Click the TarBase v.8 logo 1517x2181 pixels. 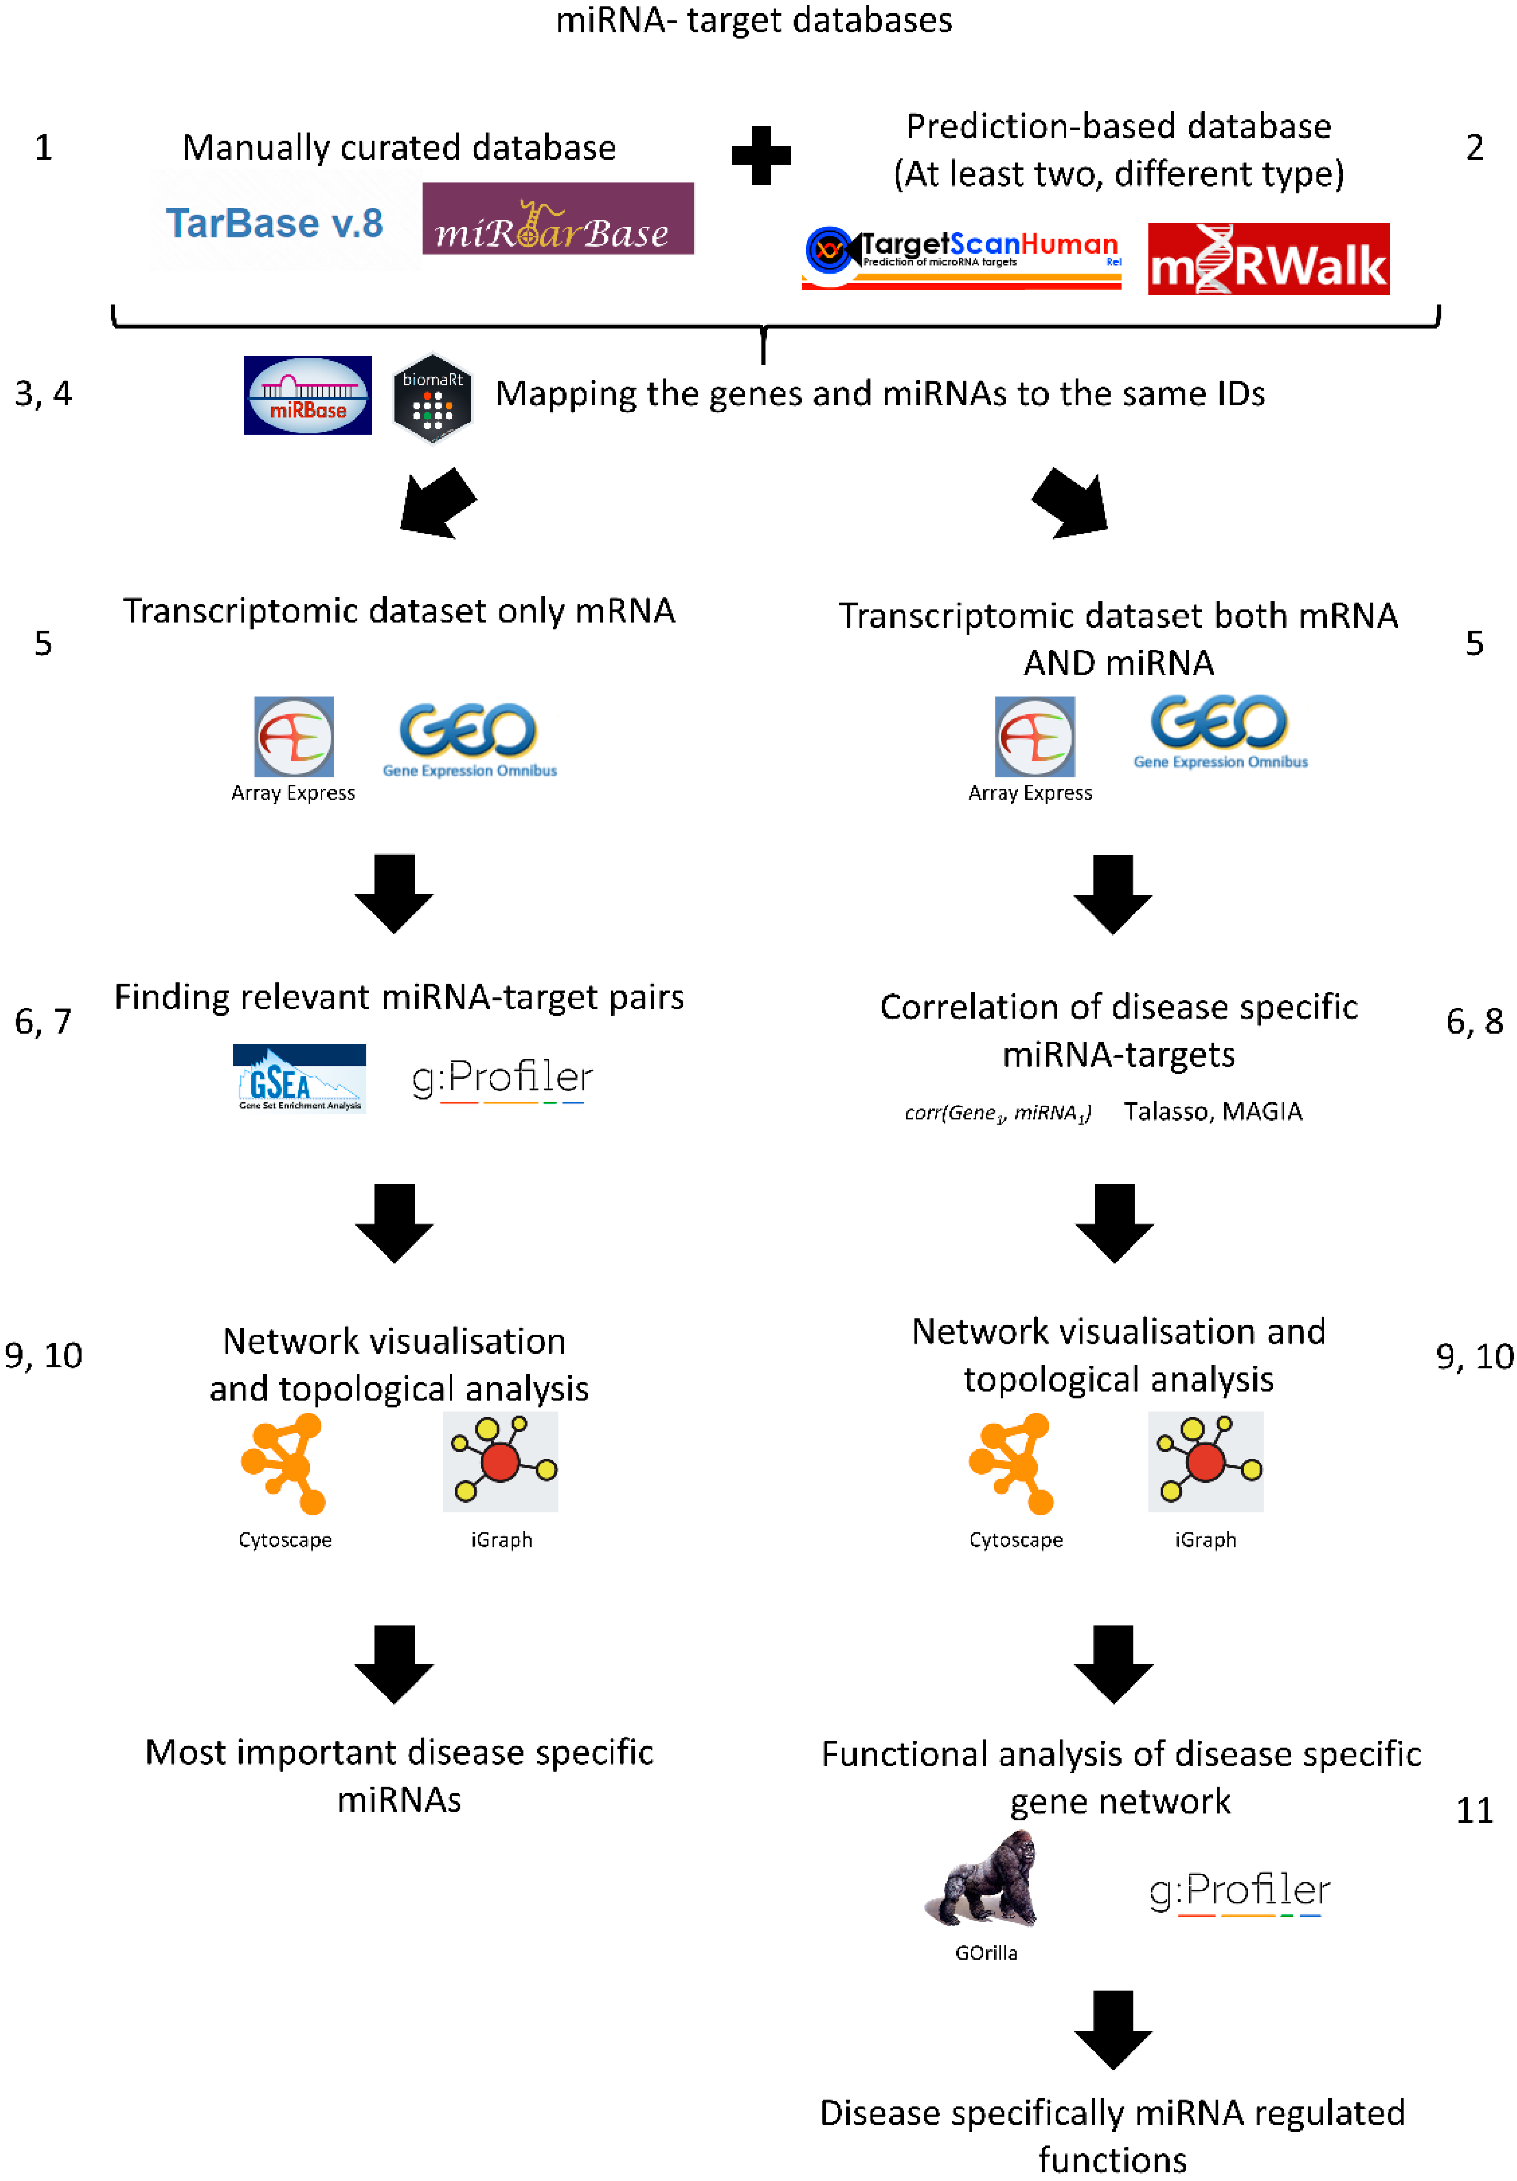point(275,223)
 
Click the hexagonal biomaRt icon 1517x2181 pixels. point(432,399)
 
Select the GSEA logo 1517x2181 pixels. point(299,1078)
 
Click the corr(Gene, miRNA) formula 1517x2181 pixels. point(998,1112)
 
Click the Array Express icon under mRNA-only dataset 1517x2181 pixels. point(293,737)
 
